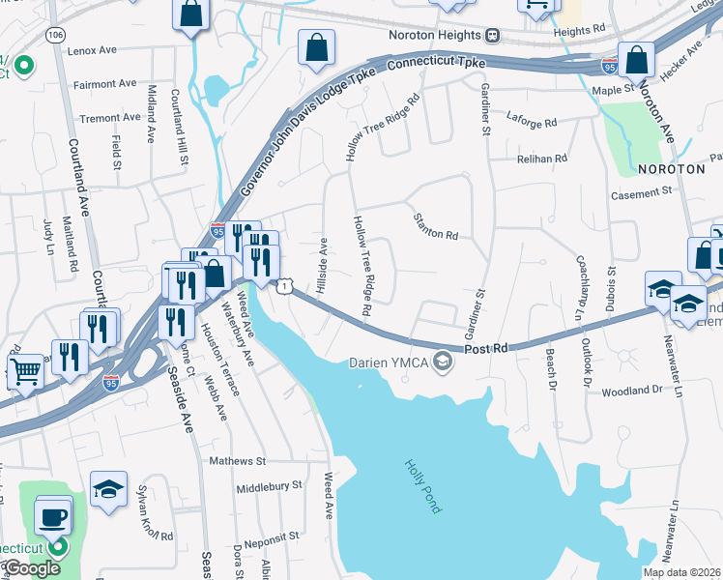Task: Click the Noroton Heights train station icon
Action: (493, 36)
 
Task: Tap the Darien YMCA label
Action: (390, 362)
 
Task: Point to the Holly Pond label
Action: (422, 485)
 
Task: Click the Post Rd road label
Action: (485, 348)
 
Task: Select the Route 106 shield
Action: (55, 35)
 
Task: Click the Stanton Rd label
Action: (435, 227)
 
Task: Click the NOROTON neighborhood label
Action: (672, 168)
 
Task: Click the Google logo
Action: (31, 568)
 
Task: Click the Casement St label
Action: (641, 193)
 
